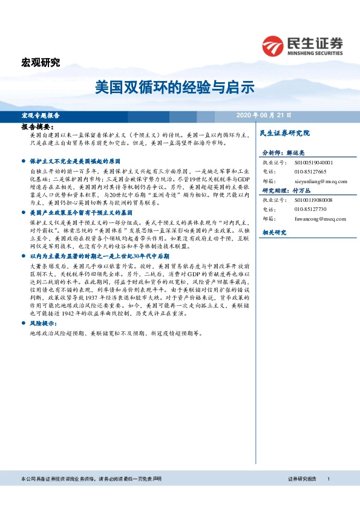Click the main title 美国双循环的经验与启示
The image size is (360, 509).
coord(174,87)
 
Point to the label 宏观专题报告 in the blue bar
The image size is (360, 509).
coord(41,115)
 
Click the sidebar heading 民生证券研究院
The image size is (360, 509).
coord(284,132)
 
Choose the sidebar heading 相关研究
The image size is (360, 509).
coord(274,232)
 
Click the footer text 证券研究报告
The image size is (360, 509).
coord(303,479)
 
